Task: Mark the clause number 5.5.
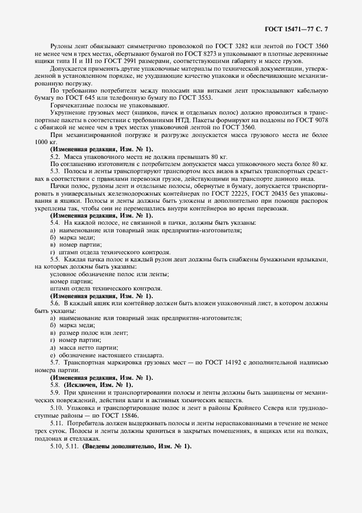(x=55, y=259)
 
